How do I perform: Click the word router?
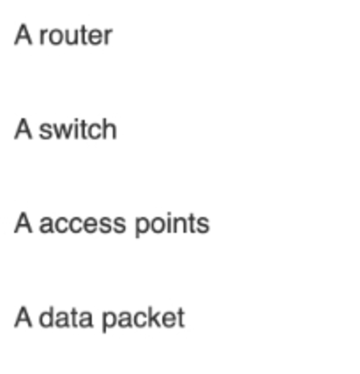point(76,36)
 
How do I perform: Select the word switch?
point(78,129)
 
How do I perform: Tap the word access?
point(83,224)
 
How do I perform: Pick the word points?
point(172,224)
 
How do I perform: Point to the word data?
point(66,318)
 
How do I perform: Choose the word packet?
point(144,319)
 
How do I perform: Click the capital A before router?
point(23,35)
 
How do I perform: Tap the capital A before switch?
point(23,129)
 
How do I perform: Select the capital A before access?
point(23,223)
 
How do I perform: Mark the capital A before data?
point(23,317)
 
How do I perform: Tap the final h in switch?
point(110,129)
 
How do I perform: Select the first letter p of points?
point(142,227)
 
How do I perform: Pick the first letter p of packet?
point(110,322)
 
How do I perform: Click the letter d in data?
point(46,318)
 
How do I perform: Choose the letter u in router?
point(73,37)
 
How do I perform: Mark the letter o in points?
point(159,225)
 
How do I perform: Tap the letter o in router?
point(56,37)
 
